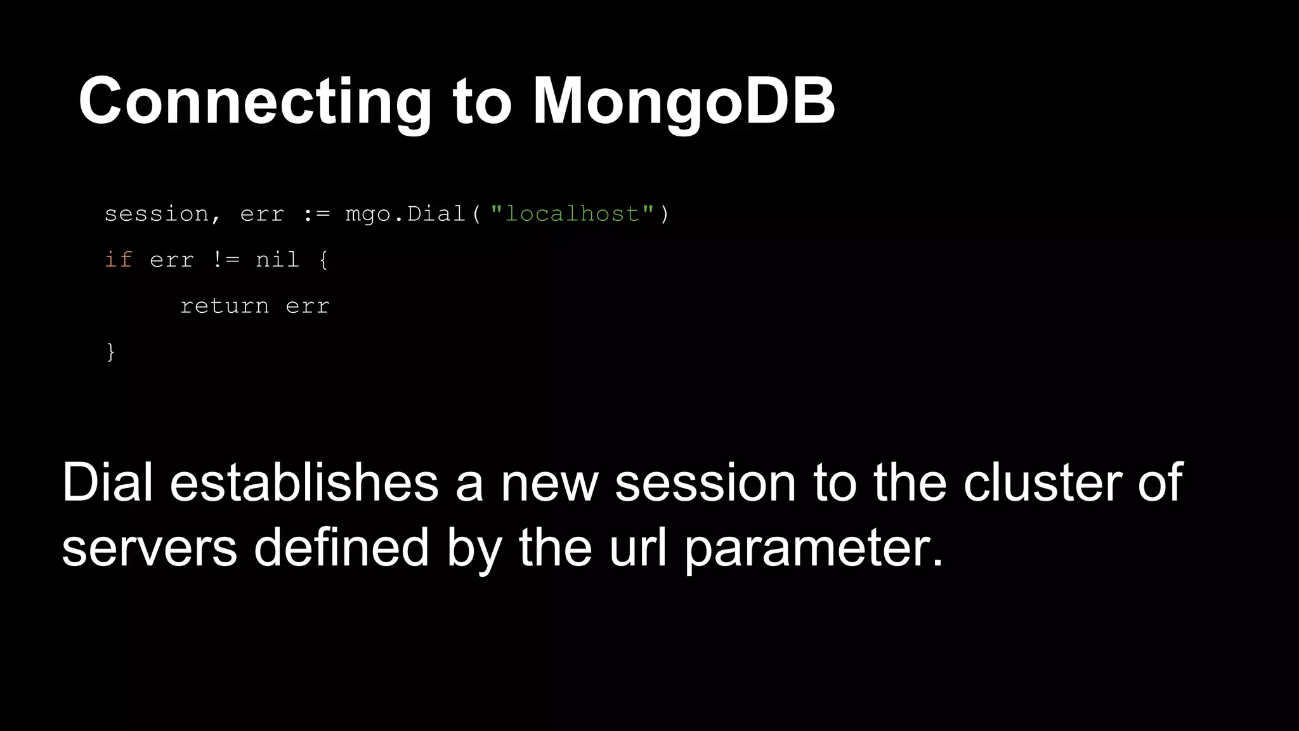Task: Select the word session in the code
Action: [x=156, y=214]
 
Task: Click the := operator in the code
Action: [x=316, y=214]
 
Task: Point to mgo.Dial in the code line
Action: [x=406, y=214]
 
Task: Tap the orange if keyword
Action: [x=119, y=260]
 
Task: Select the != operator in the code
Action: [x=225, y=260]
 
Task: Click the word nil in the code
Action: [x=277, y=260]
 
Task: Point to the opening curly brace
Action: [x=323, y=260]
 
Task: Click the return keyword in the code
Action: [x=225, y=306]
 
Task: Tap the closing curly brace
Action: [x=111, y=352]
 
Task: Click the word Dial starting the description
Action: [x=107, y=483]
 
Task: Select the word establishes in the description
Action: [x=304, y=483]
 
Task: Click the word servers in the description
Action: [x=149, y=548]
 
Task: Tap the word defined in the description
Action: [x=341, y=548]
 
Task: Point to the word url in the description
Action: [x=638, y=548]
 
